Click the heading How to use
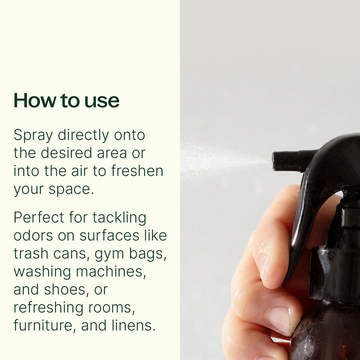coord(66,100)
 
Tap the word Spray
coord(33,135)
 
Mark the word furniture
coord(43,326)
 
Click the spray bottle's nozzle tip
coord(276,160)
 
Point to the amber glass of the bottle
coord(325,340)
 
